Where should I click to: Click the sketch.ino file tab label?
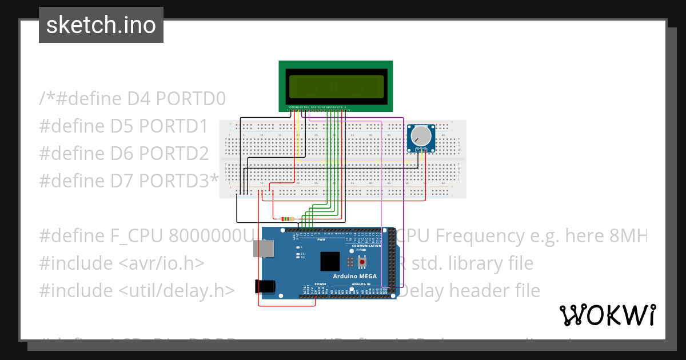(101, 25)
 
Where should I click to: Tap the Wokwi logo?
(607, 315)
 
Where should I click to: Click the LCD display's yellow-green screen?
(336, 86)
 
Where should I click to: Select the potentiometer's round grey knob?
(421, 136)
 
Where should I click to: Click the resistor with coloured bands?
(287, 219)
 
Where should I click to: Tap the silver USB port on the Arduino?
(264, 248)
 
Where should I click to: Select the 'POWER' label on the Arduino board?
(320, 284)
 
